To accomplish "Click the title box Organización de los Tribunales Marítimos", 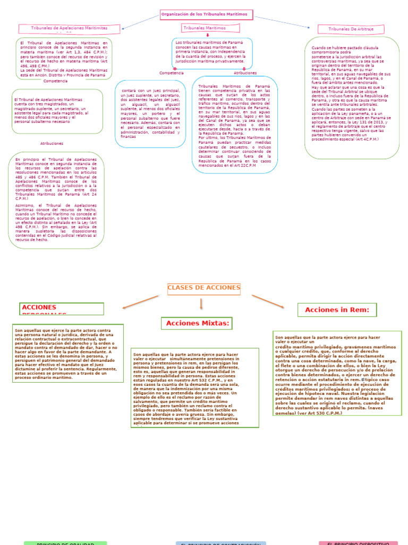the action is [x=206, y=15].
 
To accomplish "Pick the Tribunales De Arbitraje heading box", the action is [x=350, y=29].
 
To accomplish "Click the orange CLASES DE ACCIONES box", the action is [x=204, y=288].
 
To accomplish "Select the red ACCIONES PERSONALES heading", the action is [x=62, y=309].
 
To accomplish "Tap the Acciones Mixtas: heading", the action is [x=197, y=323].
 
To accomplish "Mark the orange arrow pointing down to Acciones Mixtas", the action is [x=201, y=304].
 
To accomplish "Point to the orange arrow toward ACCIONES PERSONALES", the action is [x=141, y=301].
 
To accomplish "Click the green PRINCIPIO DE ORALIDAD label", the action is [x=65, y=543].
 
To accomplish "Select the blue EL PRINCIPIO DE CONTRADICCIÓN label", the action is [x=221, y=543].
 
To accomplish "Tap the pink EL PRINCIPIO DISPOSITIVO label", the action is [x=358, y=543].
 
